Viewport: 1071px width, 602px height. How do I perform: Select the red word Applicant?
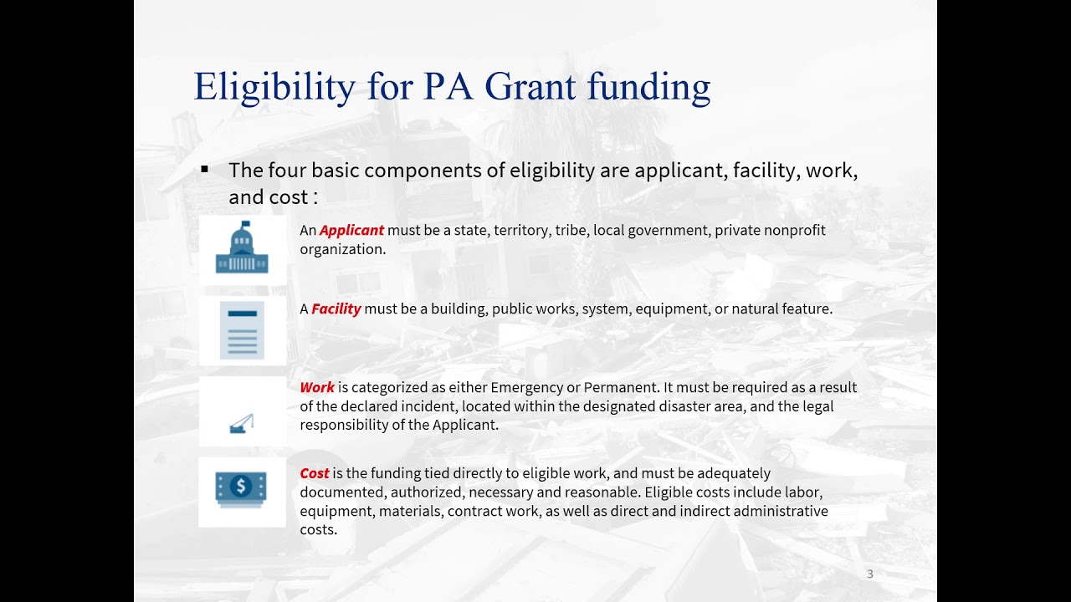coord(351,230)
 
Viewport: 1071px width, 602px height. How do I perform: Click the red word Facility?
coord(336,309)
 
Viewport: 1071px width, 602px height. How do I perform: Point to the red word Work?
coord(317,387)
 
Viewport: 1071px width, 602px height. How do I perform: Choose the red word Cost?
coord(315,473)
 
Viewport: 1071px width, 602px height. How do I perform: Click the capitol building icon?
coord(242,248)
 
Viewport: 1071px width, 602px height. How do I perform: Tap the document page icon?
coord(242,330)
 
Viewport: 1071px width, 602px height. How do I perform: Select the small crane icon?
coord(242,424)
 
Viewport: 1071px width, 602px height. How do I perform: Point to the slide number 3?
coord(870,574)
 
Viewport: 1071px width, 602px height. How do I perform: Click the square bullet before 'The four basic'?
coord(204,170)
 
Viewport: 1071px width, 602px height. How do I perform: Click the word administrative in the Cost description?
coord(781,510)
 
